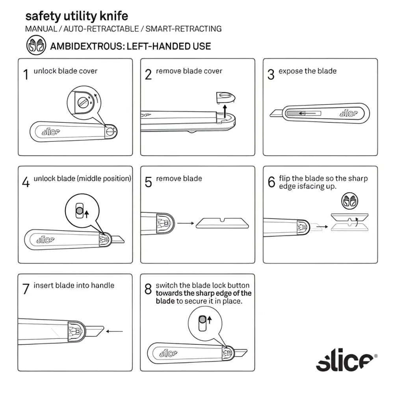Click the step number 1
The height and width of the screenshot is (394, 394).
26,74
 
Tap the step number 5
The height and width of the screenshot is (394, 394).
148,182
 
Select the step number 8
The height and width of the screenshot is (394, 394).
148,290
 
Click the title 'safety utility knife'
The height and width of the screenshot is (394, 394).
76,16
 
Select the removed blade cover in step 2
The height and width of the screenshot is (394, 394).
225,97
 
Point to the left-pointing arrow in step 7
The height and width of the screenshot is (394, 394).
114,331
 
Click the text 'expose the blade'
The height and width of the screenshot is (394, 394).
307,71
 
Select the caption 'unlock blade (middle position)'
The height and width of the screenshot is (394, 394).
82,178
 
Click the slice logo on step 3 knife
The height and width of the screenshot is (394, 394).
348,113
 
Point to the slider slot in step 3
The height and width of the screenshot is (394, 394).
304,113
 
